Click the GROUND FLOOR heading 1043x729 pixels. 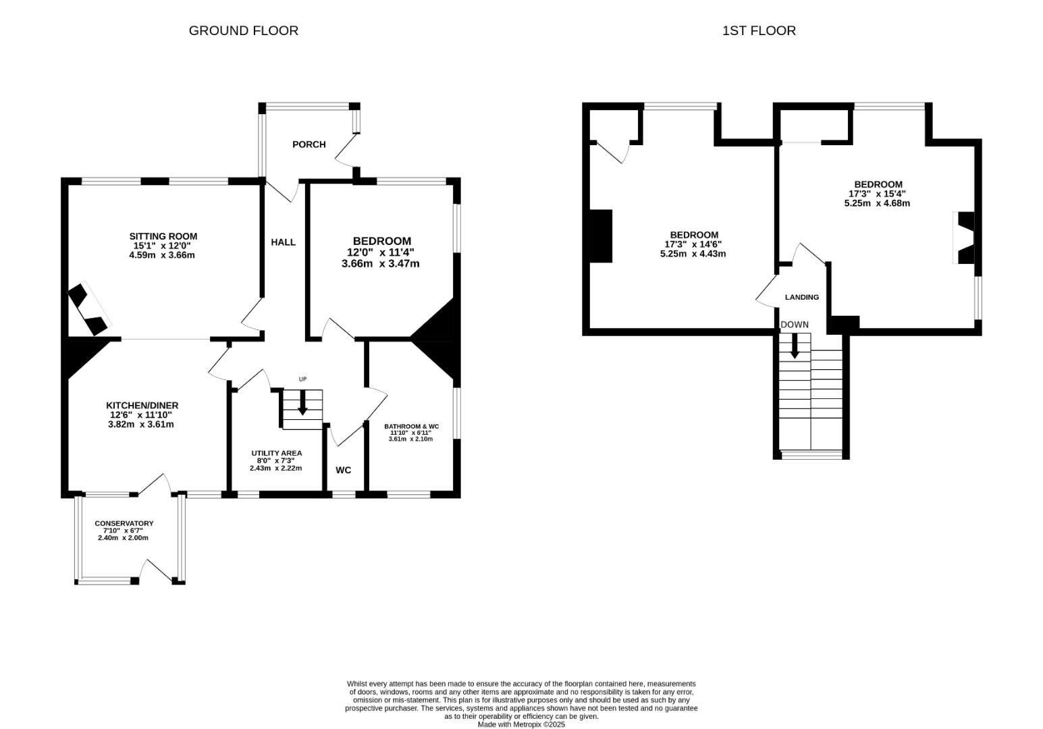click(x=243, y=30)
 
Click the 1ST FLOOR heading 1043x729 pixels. click(x=759, y=30)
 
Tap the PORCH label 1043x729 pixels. click(x=309, y=144)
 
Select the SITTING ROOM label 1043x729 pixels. click(x=163, y=236)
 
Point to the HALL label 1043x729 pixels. click(x=283, y=242)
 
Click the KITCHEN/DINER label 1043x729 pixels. click(x=142, y=405)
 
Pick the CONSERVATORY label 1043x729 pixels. click(x=124, y=523)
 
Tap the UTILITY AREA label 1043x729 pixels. click(x=276, y=453)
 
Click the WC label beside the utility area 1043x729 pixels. click(x=343, y=470)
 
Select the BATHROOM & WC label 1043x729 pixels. click(x=411, y=427)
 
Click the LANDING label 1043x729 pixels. click(x=801, y=297)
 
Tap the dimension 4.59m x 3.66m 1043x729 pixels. click(x=162, y=255)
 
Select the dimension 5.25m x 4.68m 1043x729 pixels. click(x=877, y=203)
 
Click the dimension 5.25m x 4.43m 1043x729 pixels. click(x=693, y=254)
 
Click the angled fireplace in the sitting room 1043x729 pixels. click(x=88, y=309)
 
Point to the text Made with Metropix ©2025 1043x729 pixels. click(x=521, y=724)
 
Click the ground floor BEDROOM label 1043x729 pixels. click(x=381, y=241)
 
